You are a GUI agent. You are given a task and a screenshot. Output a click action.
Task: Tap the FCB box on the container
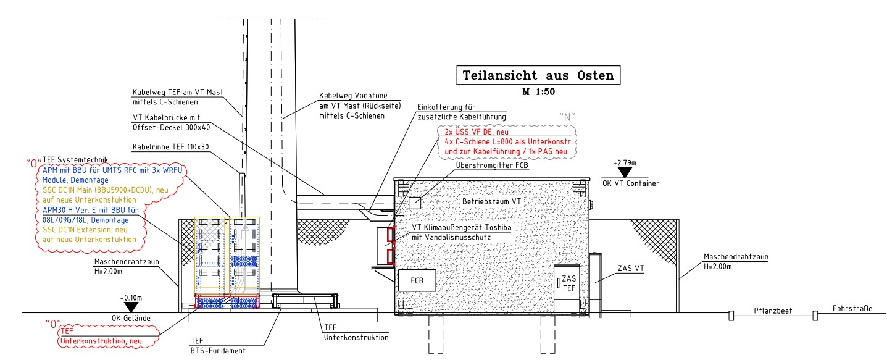tap(417, 281)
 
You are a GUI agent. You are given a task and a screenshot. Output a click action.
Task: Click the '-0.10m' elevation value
tap(131, 297)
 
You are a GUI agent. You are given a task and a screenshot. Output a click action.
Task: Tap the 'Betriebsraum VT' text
tap(491, 202)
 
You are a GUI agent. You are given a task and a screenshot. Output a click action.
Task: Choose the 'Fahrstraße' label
tap(852, 309)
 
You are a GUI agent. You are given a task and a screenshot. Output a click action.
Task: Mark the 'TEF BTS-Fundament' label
tap(218, 346)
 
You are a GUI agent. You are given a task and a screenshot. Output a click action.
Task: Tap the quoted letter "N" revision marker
tap(567, 116)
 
